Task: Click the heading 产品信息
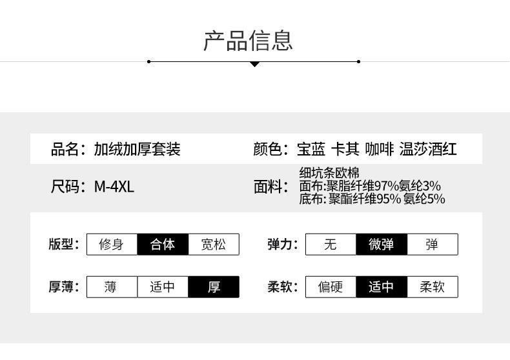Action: point(248,40)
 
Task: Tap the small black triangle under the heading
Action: point(254,64)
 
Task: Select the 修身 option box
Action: point(112,245)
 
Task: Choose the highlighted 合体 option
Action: point(163,245)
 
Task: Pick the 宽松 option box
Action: point(214,245)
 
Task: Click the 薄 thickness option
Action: point(112,287)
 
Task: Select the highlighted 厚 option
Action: point(214,287)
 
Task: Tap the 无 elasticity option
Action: point(331,245)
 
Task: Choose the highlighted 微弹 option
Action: point(382,245)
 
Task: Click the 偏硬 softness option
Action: point(331,287)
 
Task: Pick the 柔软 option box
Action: point(433,287)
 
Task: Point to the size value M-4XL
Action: point(114,187)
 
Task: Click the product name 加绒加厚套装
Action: point(137,150)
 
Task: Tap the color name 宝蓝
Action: point(311,150)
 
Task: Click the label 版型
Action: point(62,245)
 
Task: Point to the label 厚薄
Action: point(62,287)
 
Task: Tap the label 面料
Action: point(269,187)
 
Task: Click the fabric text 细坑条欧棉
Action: point(329,173)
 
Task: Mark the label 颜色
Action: point(269,150)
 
